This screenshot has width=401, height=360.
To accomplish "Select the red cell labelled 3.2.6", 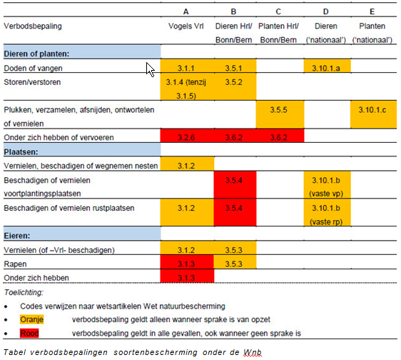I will click(x=186, y=135).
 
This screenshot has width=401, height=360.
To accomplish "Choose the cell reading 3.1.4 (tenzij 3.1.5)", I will click(x=186, y=88).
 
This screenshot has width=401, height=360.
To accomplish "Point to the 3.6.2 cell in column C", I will click(x=280, y=135).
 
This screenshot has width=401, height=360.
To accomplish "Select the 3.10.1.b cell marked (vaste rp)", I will click(x=328, y=214).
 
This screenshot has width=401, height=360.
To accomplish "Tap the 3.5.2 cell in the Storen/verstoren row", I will click(x=234, y=82).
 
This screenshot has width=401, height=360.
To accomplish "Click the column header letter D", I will click(x=327, y=12).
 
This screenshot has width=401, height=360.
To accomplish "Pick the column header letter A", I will click(x=186, y=12).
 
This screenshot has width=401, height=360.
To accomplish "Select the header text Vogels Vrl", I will click(x=186, y=26).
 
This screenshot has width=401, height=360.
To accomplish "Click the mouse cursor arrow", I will click(x=150, y=69).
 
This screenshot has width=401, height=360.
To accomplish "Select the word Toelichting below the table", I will click(x=24, y=291).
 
